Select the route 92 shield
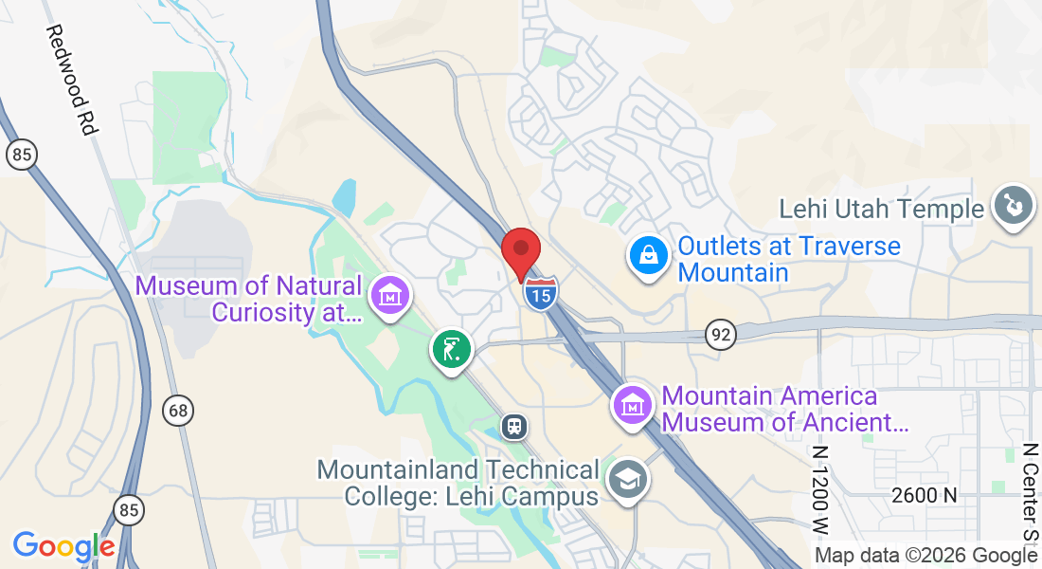pos(721,333)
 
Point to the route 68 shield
pos(176,411)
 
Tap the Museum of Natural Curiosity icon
pos(390,297)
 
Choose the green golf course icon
pos(452,349)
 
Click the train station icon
pos(514,426)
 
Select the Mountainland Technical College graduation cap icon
pos(626,481)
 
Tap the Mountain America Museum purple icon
pos(633,405)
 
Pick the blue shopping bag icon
pos(648,257)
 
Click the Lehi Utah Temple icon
pos(1011,206)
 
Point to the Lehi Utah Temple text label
pos(882,209)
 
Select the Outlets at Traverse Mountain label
pos(788,259)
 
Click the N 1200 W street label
pos(819,484)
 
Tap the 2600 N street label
pos(924,495)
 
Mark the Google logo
pos(63,546)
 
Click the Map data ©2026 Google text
pos(925,556)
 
